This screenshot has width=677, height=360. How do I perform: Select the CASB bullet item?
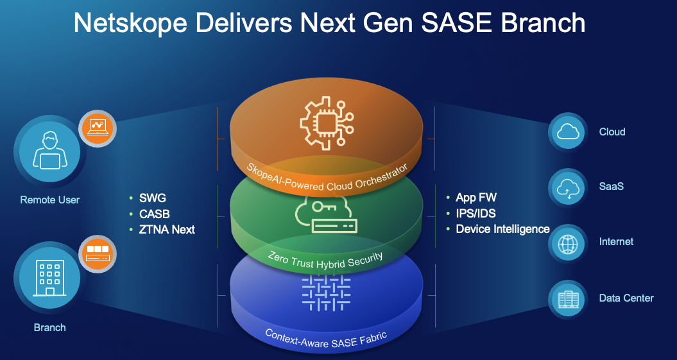click(x=154, y=214)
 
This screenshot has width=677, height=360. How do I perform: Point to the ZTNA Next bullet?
click(x=167, y=229)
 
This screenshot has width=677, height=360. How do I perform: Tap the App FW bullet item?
click(x=476, y=198)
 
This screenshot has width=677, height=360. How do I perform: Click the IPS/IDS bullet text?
click(x=476, y=213)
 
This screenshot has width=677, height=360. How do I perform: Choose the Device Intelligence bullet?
click(x=502, y=228)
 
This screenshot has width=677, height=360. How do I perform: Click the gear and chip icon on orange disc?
click(x=325, y=123)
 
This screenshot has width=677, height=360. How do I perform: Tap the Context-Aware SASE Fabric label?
click(x=325, y=339)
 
